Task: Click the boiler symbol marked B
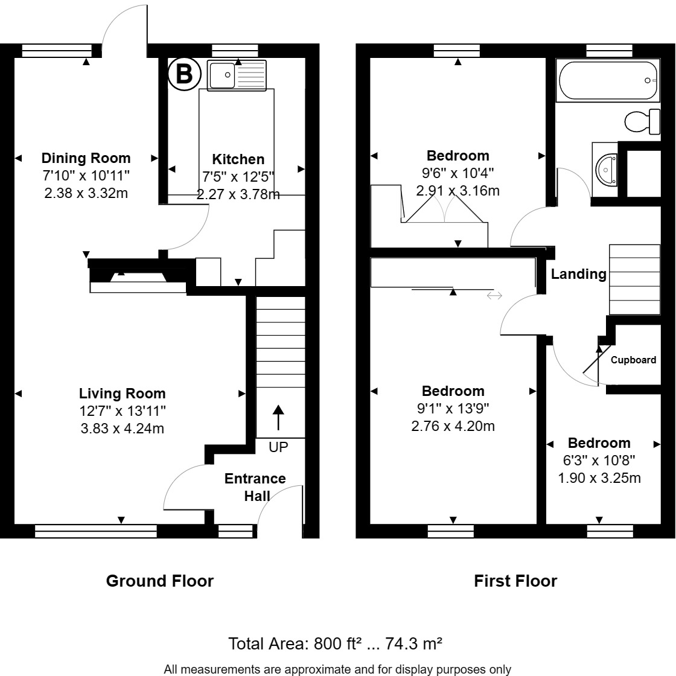(183, 74)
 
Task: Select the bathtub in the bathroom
(608, 80)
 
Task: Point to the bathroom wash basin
(605, 169)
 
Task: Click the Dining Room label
(86, 158)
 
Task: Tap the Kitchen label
(238, 159)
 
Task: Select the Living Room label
(122, 394)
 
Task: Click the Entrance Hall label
(255, 487)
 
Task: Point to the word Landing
(578, 274)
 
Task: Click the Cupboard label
(633, 360)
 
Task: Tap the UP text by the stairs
(278, 447)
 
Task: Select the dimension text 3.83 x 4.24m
(122, 429)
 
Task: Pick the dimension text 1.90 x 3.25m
(599, 478)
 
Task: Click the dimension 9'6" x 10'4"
(458, 173)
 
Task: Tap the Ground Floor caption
(159, 581)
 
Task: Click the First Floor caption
(515, 581)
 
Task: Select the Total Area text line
(335, 643)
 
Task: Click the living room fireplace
(138, 278)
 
